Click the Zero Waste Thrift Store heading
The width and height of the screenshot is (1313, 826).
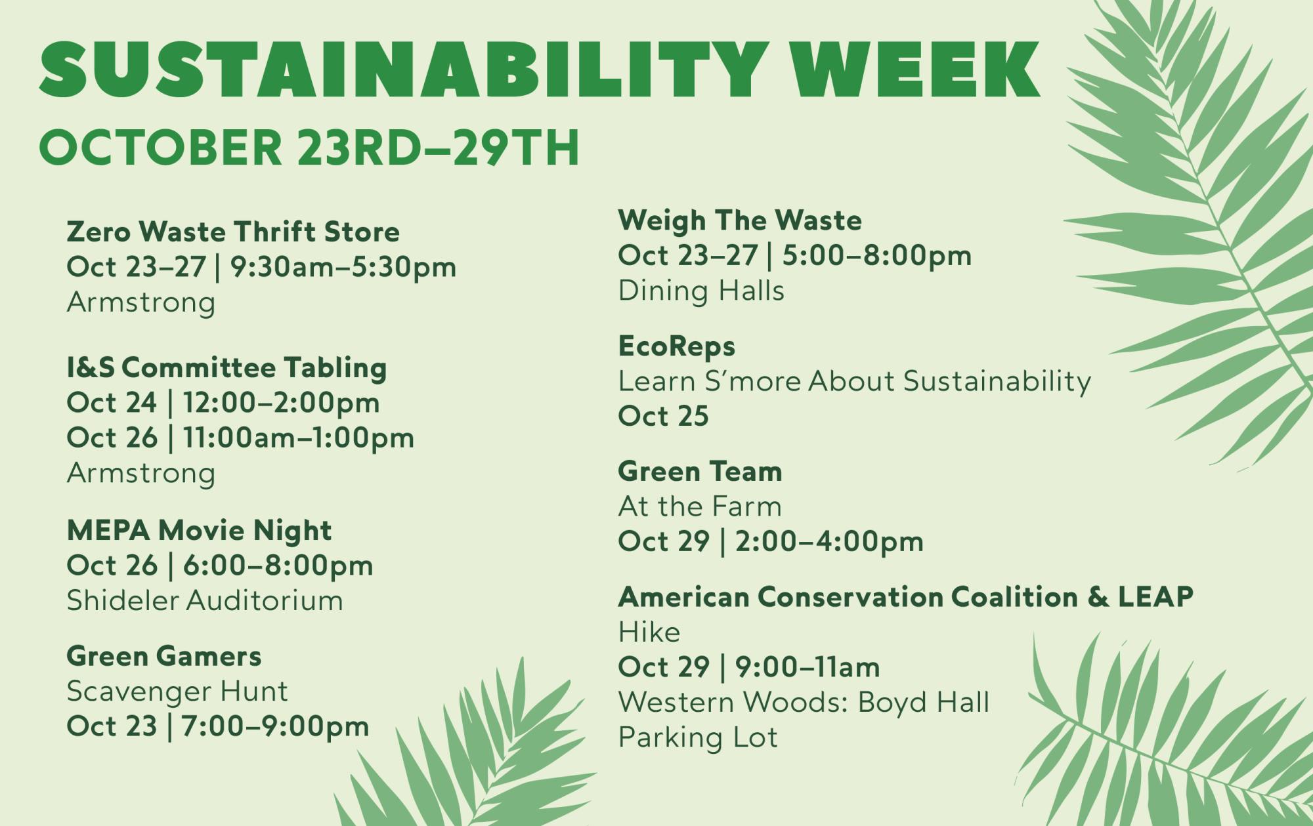point(233,232)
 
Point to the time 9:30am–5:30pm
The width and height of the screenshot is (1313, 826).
point(343,268)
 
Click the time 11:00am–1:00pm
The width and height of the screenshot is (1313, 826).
point(299,438)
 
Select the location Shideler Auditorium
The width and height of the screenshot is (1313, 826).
point(205,600)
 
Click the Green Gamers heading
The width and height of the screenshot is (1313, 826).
point(164,656)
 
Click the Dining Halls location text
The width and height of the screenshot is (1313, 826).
point(701,291)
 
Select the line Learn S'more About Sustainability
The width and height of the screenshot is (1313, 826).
point(855,382)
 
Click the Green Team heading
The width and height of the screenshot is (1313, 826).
point(700,471)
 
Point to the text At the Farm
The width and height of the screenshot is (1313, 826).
point(700,506)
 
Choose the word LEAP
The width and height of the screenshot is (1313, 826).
point(1155,597)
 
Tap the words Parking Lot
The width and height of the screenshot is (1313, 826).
point(698,737)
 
